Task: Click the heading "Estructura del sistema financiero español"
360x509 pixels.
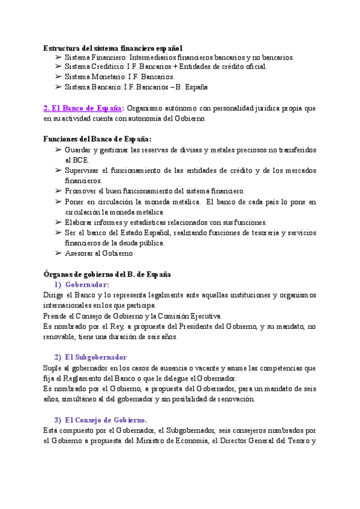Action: [x=113, y=47]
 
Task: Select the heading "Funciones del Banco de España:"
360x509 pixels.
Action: [x=97, y=139]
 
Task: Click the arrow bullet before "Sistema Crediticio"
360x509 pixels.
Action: [x=58, y=67]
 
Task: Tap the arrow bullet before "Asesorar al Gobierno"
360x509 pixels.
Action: [x=58, y=253]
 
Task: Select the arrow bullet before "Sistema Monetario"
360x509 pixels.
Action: [x=58, y=77]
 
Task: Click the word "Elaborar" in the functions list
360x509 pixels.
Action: [x=80, y=222]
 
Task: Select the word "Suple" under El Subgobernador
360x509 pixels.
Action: [x=52, y=367]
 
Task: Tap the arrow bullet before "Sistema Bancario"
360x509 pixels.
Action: [x=58, y=87]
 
